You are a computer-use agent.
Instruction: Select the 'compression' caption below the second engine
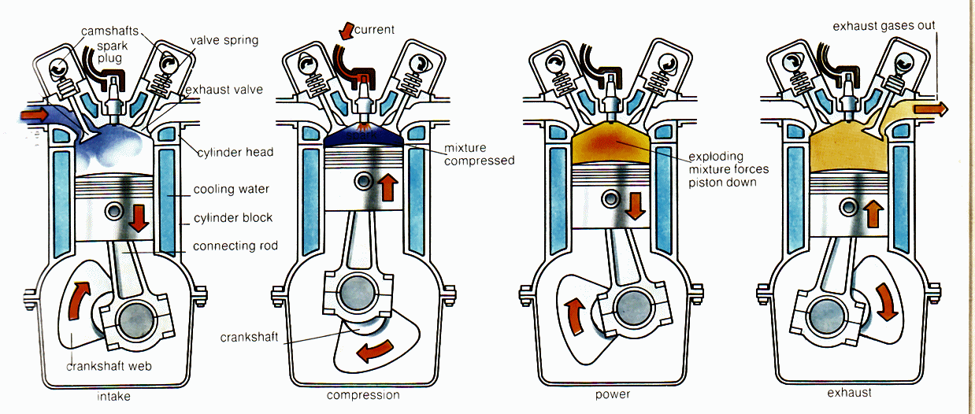(363, 395)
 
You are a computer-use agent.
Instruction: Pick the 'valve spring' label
(224, 39)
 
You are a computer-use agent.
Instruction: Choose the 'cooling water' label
(232, 190)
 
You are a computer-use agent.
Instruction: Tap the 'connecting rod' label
(235, 246)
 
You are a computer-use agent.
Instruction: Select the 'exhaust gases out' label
(884, 26)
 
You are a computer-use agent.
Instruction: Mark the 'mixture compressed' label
(479, 154)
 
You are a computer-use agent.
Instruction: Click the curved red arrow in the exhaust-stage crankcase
(886, 302)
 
